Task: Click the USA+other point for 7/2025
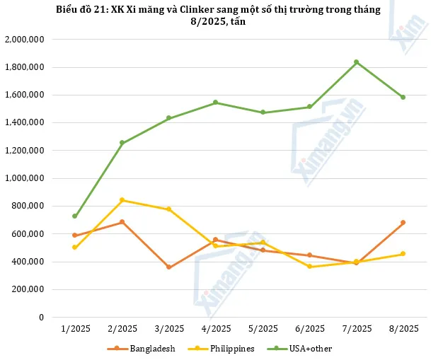(357, 62)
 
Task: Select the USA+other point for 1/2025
(74, 216)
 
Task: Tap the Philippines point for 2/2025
(122, 200)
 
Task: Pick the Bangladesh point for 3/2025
(168, 267)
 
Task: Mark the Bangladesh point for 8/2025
(403, 223)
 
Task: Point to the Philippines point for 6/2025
(309, 267)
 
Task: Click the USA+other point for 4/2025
(215, 103)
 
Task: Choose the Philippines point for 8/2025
(403, 254)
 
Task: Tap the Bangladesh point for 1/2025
(74, 236)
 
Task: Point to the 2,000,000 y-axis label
(25, 40)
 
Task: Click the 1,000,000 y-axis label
(25, 178)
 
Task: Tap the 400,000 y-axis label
(29, 262)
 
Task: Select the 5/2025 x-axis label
(263, 328)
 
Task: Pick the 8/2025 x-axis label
(403, 328)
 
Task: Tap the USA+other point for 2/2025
(122, 143)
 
